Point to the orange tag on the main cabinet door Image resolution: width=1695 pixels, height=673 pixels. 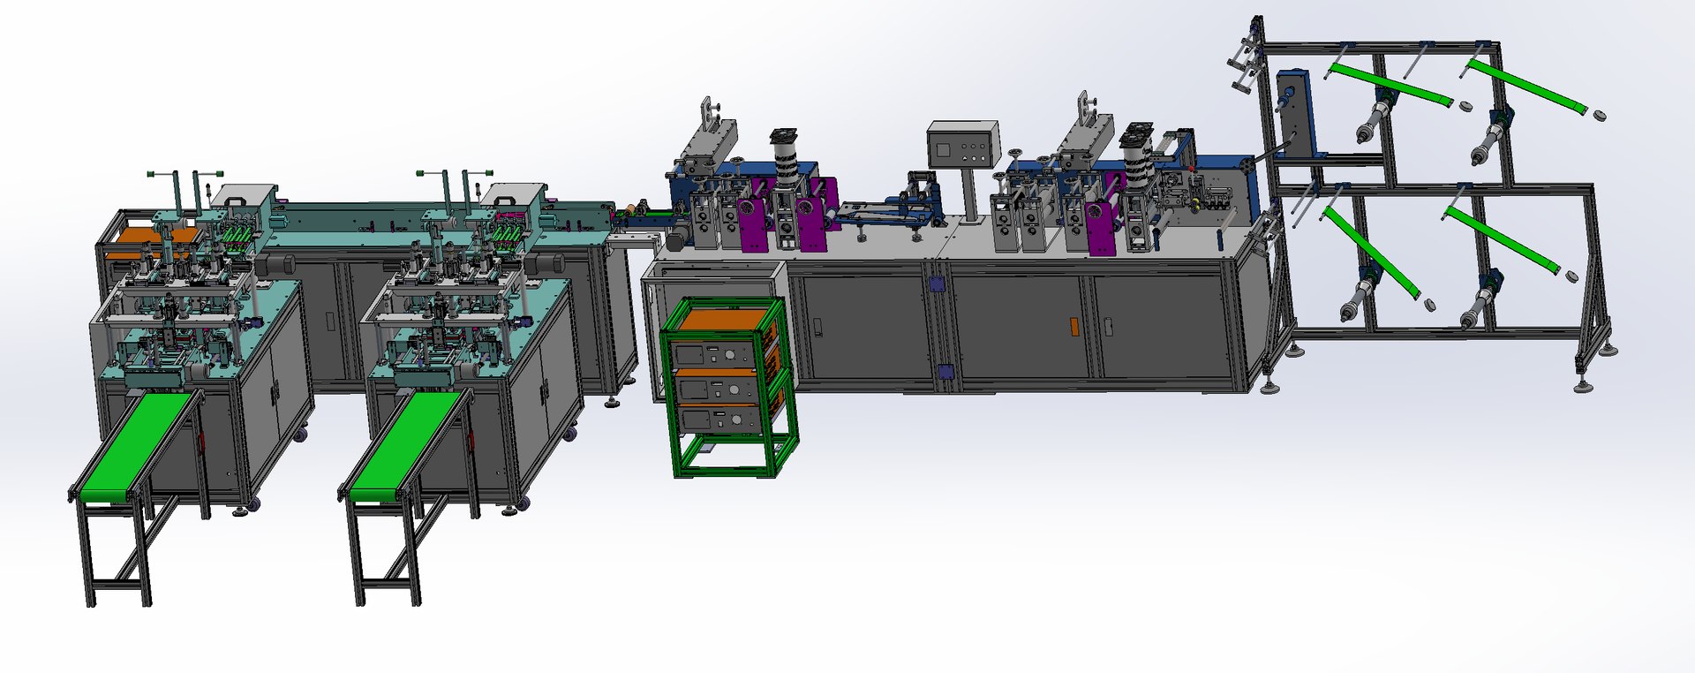1074,326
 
